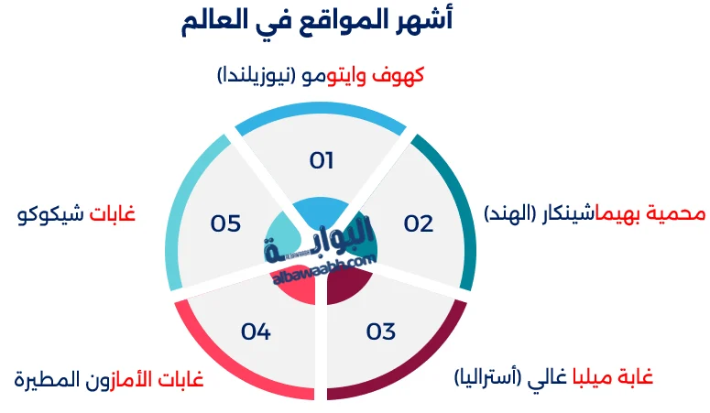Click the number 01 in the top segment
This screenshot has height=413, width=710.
pyautogui.click(x=321, y=161)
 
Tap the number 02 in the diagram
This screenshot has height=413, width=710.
pyautogui.click(x=418, y=223)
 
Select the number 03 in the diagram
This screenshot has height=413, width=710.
pyautogui.click(x=380, y=331)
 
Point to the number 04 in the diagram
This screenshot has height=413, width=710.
pyautogui.click(x=256, y=331)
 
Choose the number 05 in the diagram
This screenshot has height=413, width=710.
pyautogui.click(x=225, y=223)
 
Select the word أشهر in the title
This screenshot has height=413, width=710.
pyautogui.click(x=425, y=20)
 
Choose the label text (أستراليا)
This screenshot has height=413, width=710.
pyautogui.click(x=491, y=377)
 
